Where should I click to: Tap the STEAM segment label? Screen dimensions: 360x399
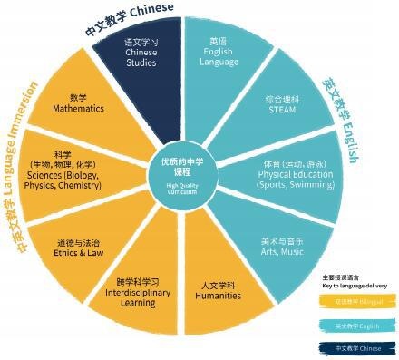(x=275, y=107)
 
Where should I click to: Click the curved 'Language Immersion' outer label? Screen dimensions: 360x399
(x=27, y=136)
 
